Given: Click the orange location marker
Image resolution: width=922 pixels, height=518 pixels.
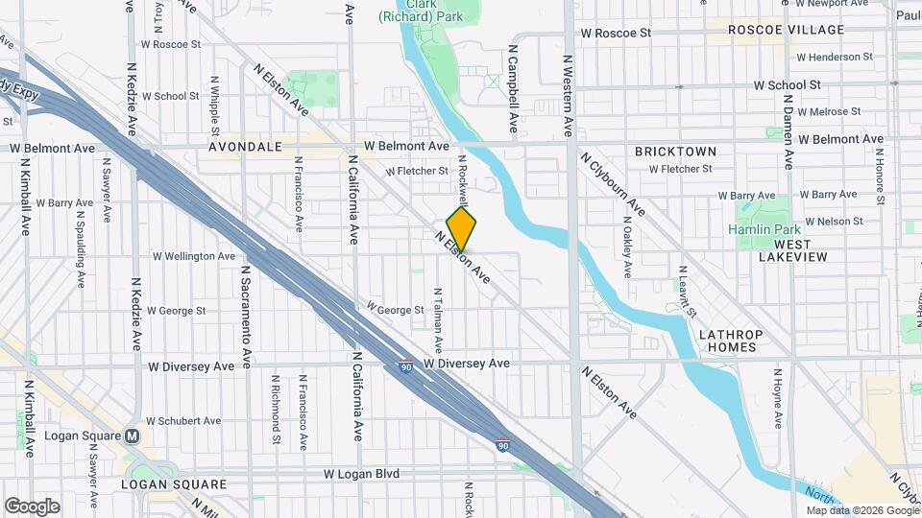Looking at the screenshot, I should click(x=462, y=229).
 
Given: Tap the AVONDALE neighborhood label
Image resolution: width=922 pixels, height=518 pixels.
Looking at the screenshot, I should click(x=245, y=148).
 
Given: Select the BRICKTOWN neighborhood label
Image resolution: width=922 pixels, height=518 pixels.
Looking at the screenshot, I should click(x=675, y=152).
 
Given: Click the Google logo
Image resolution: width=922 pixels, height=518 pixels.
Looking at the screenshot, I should click(x=32, y=506).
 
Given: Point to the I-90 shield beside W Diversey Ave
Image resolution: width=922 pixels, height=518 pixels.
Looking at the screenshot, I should click(x=407, y=365).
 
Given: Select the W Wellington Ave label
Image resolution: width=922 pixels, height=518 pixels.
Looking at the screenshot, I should click(x=193, y=256).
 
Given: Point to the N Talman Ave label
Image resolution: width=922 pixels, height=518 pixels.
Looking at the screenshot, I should click(x=438, y=318).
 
